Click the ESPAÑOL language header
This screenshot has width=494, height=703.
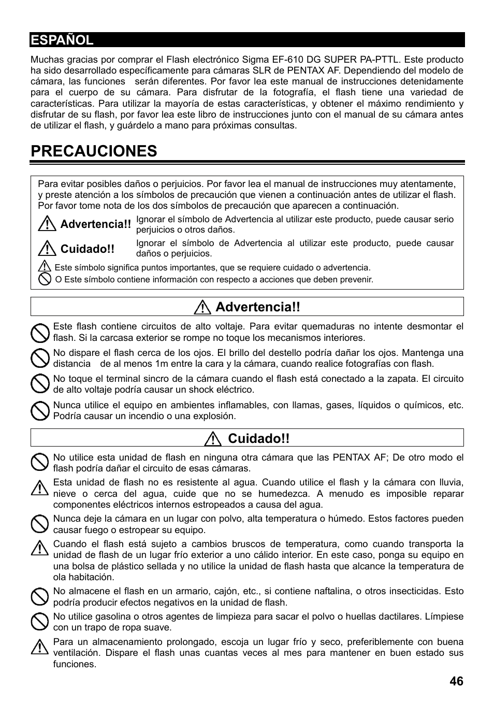62,40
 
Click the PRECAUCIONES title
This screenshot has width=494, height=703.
94,151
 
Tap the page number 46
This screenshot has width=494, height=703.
456,681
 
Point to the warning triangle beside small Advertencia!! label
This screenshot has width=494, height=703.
47,224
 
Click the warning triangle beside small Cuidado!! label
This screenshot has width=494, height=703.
47,249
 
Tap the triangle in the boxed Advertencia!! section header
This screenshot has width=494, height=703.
202,307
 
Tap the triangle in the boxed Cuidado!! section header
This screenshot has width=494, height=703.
213,439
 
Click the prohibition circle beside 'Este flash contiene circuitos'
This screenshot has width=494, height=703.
40,333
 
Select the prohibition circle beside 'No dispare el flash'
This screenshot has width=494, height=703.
40,358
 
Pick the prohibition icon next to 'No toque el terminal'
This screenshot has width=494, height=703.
40,384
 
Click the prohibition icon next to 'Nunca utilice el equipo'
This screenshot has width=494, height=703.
40,411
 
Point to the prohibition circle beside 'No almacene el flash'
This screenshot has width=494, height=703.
40,597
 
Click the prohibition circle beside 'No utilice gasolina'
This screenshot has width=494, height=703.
40,622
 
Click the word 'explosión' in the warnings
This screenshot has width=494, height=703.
215,416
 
